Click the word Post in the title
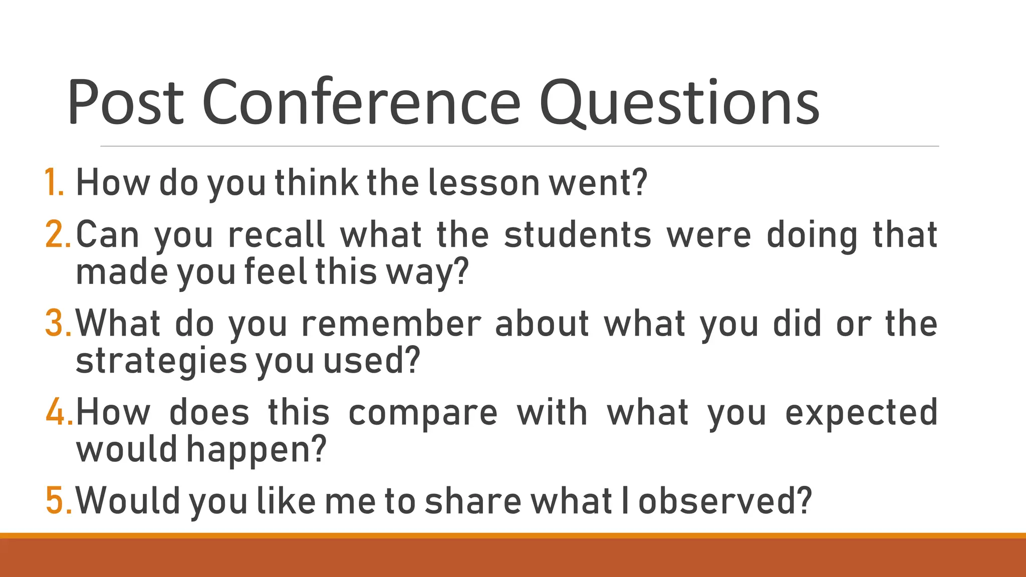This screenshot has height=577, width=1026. (126, 102)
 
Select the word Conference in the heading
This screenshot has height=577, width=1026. (362, 102)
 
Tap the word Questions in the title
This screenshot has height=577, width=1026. (679, 102)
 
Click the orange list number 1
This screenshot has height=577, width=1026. (53, 182)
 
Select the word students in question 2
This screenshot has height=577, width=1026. (578, 234)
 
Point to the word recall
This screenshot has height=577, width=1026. (277, 234)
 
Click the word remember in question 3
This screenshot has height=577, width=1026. (391, 323)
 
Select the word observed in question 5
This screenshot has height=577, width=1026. (724, 500)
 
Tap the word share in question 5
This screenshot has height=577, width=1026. (472, 500)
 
